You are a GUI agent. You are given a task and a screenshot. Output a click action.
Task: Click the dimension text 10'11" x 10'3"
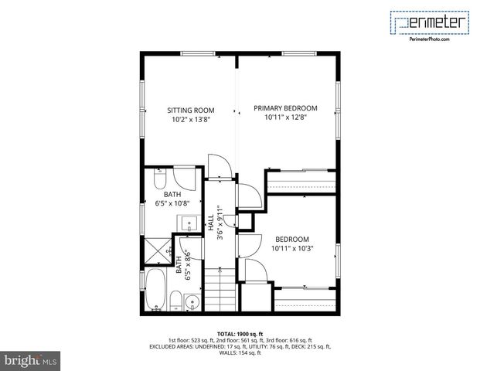click(291, 249)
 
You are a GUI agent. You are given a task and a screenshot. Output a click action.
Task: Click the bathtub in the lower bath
click(155, 289)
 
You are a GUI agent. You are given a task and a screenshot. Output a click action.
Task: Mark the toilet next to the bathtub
click(176, 301)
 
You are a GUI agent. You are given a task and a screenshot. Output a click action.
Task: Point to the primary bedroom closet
click(301, 181)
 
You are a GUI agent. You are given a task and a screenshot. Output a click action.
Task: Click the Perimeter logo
click(430, 22)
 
